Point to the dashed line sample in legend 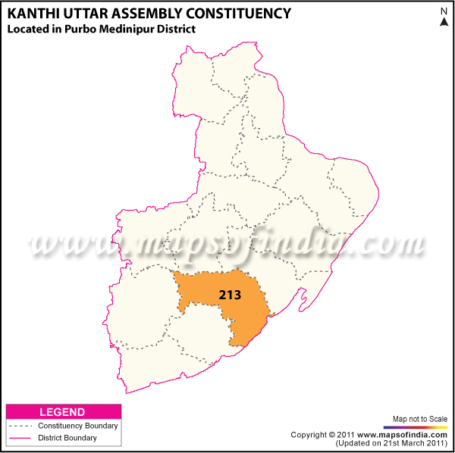(x=20, y=426)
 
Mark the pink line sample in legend (x=20, y=438)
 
